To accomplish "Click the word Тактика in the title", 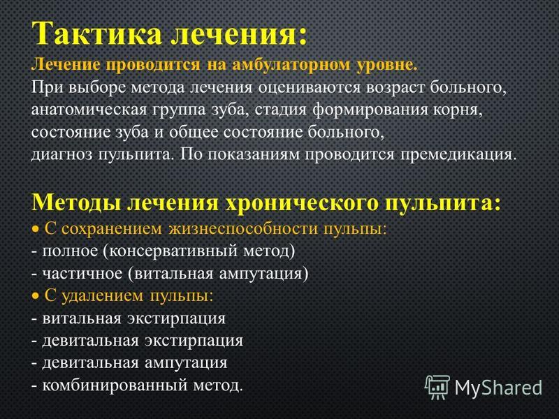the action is point(96,33).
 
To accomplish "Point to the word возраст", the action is point(395,88).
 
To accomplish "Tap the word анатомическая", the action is point(89,110).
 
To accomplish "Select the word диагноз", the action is point(61,155).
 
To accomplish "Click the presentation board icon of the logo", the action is point(437,388).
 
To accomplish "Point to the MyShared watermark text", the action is point(498,388).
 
